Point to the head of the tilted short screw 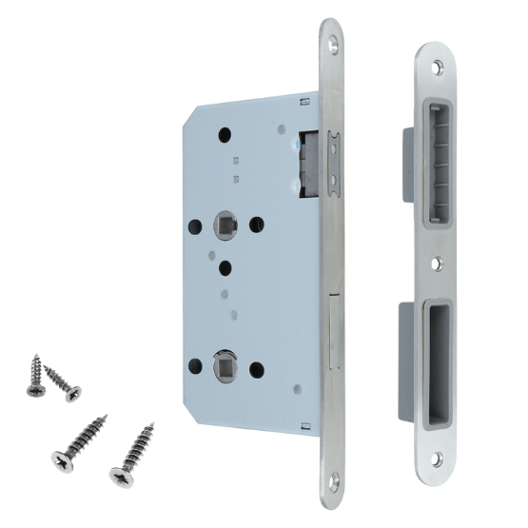point(72,394)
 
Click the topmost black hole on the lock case point(225,135)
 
